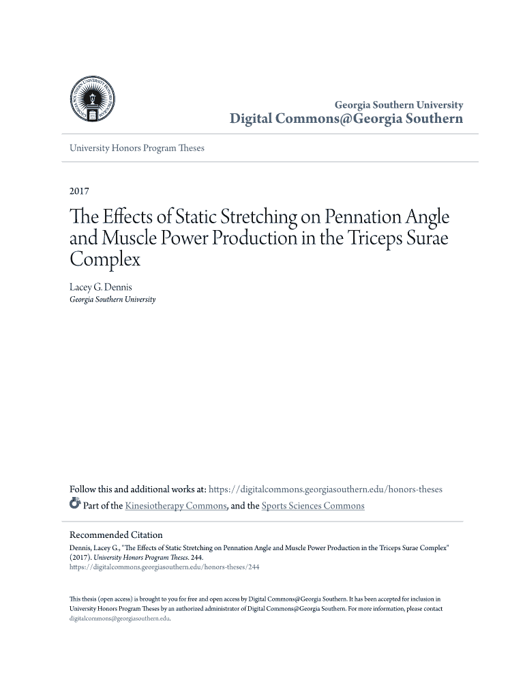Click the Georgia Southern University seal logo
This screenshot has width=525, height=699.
[95, 100]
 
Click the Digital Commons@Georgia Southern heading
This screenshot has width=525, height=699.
[346, 119]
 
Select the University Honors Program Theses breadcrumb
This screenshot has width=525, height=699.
[137, 147]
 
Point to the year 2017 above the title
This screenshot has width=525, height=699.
[80, 191]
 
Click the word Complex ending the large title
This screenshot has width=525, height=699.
[105, 260]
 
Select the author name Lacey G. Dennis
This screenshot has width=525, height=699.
[101, 287]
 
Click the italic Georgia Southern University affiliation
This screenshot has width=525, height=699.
[112, 300]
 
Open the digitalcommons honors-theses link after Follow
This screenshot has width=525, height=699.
[325, 489]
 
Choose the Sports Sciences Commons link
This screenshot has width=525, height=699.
[313, 506]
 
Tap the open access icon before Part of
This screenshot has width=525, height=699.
[75, 505]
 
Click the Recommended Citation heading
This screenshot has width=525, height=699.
[116, 534]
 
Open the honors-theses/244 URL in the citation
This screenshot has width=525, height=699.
[164, 567]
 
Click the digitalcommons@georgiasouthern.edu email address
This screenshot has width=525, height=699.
[119, 618]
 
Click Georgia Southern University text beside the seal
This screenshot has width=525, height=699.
[398, 105]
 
